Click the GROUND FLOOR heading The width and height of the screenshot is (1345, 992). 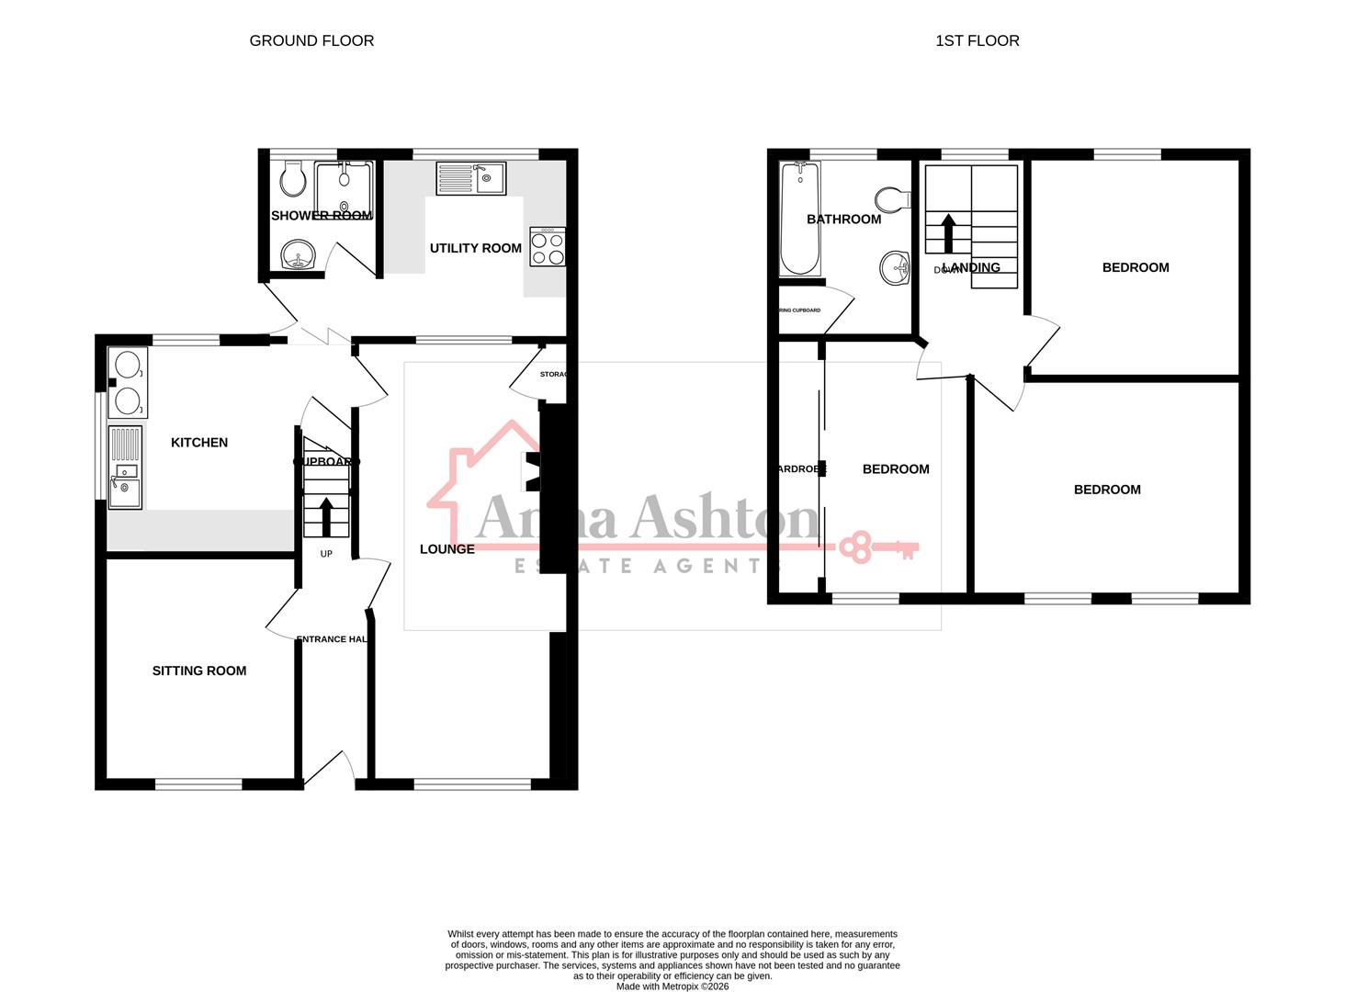point(311,40)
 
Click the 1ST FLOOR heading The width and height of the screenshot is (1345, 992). point(977,40)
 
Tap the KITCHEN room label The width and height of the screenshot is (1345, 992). point(199,442)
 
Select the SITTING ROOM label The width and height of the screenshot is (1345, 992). point(199,671)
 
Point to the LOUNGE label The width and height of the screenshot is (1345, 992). point(447,548)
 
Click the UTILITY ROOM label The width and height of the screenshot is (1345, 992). point(475,248)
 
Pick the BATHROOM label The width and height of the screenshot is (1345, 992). point(843,219)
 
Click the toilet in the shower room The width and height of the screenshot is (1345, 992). point(293,179)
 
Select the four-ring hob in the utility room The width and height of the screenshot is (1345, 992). point(547,247)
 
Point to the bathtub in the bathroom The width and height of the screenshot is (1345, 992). point(800,219)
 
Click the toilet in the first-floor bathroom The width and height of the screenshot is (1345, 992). point(888,198)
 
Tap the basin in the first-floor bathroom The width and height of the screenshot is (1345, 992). point(894,269)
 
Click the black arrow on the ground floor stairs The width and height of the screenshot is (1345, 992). point(326,514)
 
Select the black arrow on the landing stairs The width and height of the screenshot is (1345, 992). point(947,232)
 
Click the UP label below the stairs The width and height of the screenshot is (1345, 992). point(326,554)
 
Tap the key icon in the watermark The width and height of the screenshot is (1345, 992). point(881,547)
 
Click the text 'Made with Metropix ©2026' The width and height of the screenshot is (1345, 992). point(672,986)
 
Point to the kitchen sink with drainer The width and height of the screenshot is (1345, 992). point(125,467)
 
